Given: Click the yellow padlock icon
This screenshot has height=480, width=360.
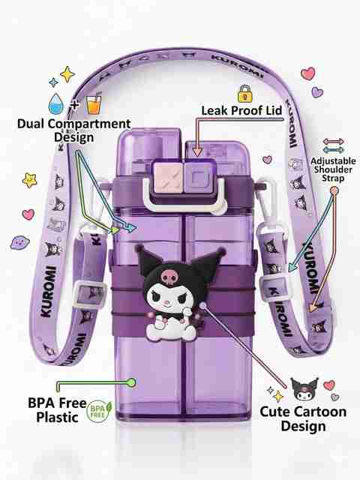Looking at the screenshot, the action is pos(245,94).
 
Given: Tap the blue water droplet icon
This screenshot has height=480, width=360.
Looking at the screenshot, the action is pos(56,104).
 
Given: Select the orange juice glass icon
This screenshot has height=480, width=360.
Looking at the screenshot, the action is pos(94,105).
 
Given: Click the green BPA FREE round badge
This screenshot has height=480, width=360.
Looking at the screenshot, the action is pos(99,411).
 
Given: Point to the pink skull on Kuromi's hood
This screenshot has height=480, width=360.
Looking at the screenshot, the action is pos(168,277).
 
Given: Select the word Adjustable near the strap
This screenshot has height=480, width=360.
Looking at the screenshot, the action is pos(333,161).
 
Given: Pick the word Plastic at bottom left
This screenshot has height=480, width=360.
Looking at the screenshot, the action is pos(57,417).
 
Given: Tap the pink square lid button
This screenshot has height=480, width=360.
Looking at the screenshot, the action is pos(168,178).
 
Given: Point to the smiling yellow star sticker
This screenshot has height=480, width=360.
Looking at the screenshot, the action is pos(30,180).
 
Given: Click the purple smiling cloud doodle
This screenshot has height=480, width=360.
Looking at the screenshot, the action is pos(20,242).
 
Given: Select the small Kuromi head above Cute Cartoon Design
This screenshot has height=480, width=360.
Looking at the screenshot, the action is pos(304,389).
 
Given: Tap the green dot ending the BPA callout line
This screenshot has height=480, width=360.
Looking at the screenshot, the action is pos(132,382).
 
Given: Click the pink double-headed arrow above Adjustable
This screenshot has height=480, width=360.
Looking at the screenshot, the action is pos(333,142).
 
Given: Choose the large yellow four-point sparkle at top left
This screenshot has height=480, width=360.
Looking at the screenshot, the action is pos(67,74).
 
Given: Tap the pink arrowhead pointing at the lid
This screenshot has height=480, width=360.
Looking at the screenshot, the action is pos(198,151).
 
